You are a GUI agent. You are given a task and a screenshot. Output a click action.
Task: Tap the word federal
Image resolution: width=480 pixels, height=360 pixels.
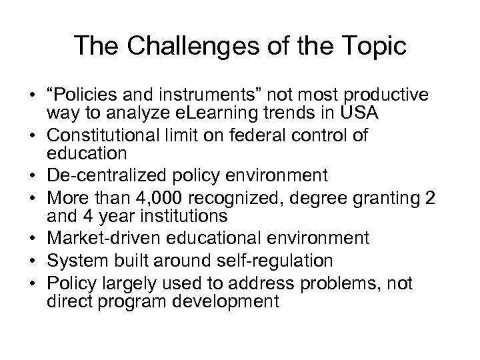point(261,137)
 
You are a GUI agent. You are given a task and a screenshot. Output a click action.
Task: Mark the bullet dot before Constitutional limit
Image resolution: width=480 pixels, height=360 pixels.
point(33,137)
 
